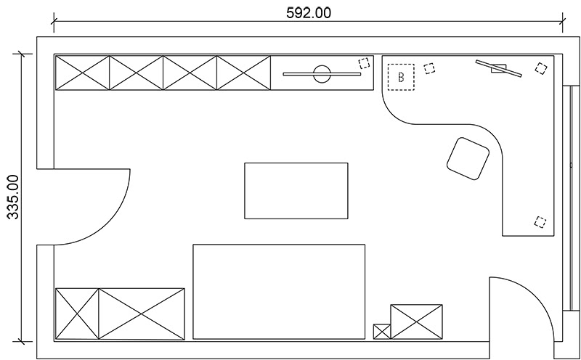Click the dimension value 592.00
click(x=309, y=13)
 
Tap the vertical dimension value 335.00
click(x=13, y=197)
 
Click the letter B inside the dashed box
click(x=401, y=77)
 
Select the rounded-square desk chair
click(x=468, y=158)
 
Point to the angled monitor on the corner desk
click(x=499, y=68)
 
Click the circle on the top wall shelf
click(x=322, y=74)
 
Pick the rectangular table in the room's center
click(x=296, y=191)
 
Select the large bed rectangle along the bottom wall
click(x=279, y=292)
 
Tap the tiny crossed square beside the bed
click(x=382, y=332)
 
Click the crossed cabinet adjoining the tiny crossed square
click(x=416, y=322)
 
